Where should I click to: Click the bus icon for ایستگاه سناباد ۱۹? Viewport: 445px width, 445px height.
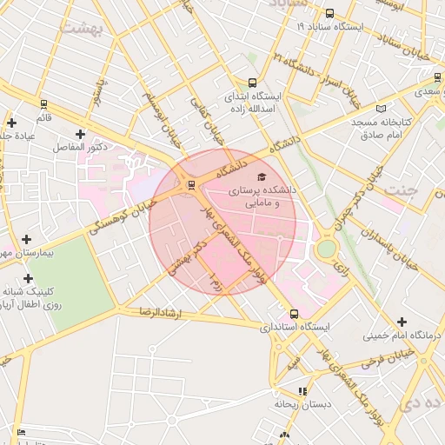click(329, 14)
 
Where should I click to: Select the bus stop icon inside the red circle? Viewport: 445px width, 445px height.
click(190, 184)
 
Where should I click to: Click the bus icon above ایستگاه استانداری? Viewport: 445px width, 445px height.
click(295, 314)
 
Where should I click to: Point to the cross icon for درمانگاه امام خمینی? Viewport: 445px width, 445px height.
click(402, 322)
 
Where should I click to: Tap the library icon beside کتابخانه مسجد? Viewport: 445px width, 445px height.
click(380, 109)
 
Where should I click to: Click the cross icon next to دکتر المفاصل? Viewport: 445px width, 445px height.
click(81, 134)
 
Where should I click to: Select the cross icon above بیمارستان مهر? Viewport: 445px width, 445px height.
click(26, 239)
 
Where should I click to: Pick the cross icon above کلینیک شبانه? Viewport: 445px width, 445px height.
click(29, 278)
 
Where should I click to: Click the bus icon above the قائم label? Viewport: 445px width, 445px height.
click(43, 104)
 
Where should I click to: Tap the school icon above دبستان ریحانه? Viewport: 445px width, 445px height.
click(302, 391)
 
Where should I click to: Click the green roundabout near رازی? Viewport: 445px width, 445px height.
click(326, 249)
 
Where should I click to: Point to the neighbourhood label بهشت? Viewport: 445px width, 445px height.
click(82, 28)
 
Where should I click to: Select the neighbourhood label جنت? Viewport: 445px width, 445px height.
click(403, 189)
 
